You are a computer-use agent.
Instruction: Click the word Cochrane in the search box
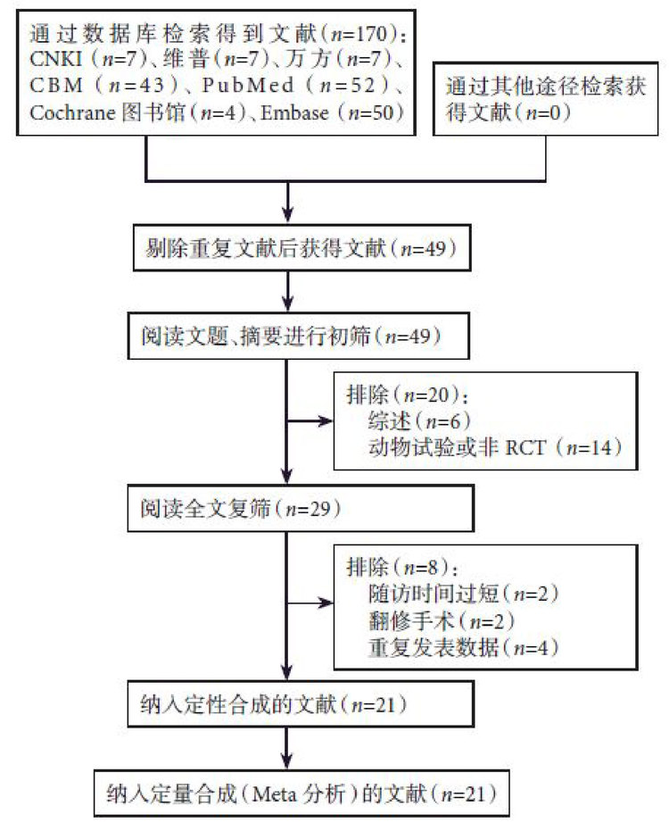pyautogui.click(x=65, y=112)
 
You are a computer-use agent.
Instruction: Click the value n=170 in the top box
pyautogui.click(x=362, y=37)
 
